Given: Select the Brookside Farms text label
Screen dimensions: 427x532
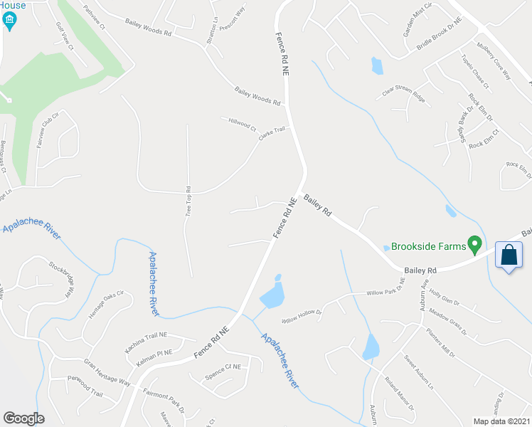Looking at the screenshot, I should click(x=428, y=246).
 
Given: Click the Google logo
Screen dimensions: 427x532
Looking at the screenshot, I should click(x=23, y=418).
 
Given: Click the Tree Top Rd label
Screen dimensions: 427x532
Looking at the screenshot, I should click(x=188, y=206).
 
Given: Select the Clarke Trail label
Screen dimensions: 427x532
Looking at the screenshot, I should click(x=272, y=133).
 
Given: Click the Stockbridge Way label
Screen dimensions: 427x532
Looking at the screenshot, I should click(x=62, y=278).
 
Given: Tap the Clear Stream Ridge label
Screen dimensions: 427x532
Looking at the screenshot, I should click(x=404, y=95).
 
